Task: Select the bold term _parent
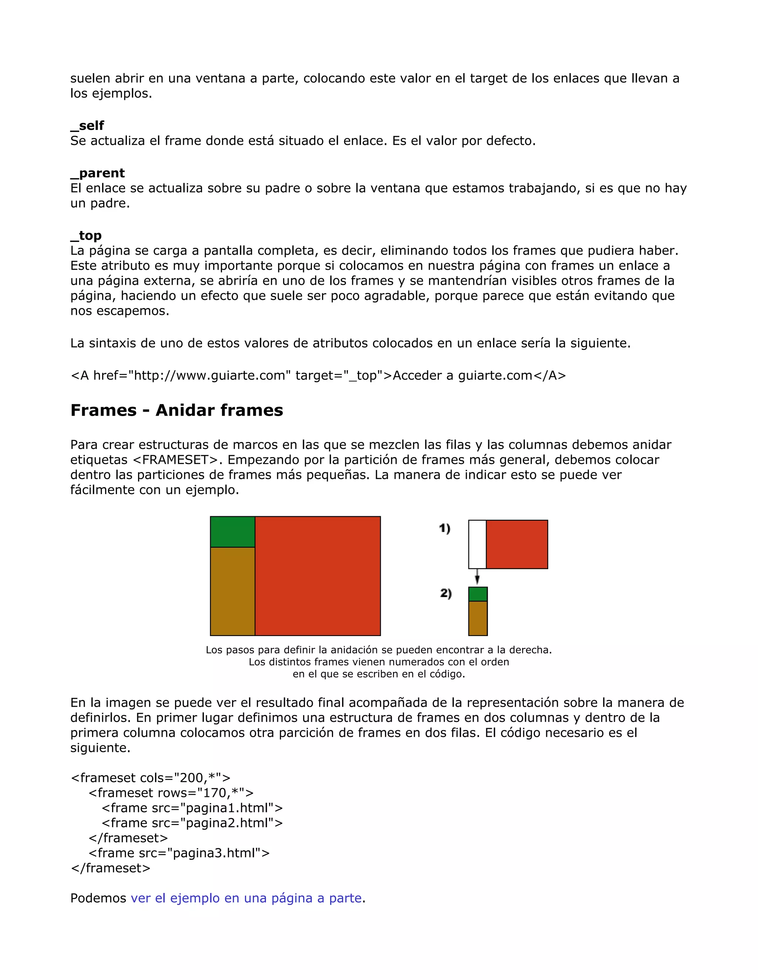click(97, 173)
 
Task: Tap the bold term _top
click(86, 236)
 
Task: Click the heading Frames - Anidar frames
click(177, 410)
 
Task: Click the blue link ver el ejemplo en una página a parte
click(246, 898)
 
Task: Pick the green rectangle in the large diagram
click(232, 532)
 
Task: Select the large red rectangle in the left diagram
click(318, 576)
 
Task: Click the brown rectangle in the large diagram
click(232, 591)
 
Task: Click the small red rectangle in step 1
click(517, 544)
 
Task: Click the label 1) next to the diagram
click(445, 528)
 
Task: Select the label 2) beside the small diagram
click(446, 593)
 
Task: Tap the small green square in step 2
click(478, 594)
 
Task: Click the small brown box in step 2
click(478, 618)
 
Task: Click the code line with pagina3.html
click(179, 853)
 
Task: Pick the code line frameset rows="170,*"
click(171, 793)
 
